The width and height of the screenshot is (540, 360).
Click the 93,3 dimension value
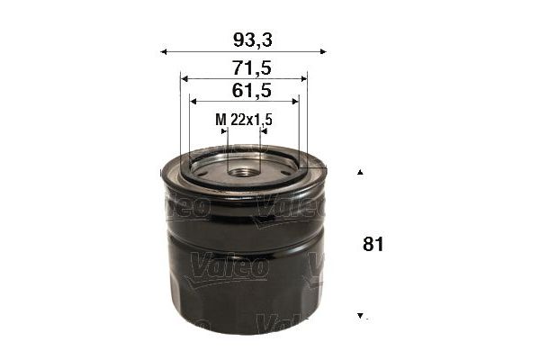[244, 39]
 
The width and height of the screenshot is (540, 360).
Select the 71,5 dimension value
[244, 67]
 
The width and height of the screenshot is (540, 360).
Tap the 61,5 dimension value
[244, 90]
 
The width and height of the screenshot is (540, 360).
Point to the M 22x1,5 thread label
[244, 119]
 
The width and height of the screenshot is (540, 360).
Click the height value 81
[373, 244]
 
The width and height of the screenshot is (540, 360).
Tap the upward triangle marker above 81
[360, 172]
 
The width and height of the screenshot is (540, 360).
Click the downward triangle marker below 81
[360, 316]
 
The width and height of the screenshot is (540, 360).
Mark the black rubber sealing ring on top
[244, 180]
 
